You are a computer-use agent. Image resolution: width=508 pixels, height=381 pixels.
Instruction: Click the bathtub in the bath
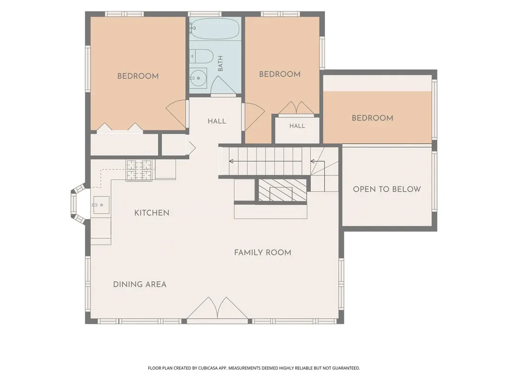coord(214,28)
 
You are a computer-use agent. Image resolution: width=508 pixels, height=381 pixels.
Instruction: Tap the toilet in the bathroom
coord(201,57)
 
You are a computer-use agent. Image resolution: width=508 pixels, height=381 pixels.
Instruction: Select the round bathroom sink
coord(197,78)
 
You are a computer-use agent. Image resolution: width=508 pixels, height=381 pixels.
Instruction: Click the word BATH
coord(221,63)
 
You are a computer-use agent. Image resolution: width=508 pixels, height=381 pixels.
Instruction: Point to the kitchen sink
coord(101,205)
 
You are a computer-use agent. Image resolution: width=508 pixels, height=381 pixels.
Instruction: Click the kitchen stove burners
coord(139,170)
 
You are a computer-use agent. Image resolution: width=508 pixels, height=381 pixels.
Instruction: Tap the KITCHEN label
coord(152,213)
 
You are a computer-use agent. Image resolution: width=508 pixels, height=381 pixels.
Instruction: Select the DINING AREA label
coord(139,284)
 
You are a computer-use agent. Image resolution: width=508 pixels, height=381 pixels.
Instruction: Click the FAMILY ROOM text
coord(263,253)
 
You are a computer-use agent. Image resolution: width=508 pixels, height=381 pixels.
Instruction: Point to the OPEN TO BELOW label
coord(387,189)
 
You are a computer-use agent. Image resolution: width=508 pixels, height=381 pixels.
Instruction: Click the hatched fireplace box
coord(282,190)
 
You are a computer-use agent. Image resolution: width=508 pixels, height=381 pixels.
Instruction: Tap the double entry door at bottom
coord(217,308)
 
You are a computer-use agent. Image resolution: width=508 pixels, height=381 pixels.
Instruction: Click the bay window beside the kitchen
coord(78,204)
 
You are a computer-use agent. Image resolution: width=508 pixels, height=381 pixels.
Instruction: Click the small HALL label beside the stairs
coord(297,126)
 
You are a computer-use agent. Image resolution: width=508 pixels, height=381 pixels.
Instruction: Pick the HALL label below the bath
coord(217,121)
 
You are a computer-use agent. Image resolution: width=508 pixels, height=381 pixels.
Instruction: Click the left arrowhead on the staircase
coord(231,161)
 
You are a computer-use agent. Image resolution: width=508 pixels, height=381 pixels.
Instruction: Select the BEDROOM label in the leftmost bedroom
coord(138,76)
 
